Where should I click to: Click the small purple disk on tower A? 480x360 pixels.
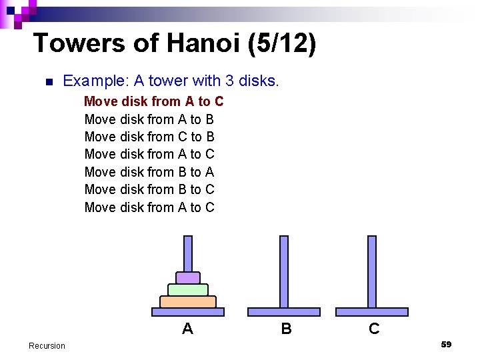[188, 277]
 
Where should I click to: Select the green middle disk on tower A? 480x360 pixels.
[188, 289]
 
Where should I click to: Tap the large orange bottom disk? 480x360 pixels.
[188, 301]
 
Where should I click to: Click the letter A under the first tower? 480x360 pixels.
[188, 328]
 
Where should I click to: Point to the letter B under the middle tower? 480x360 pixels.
[286, 328]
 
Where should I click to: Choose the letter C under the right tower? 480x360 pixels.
[374, 328]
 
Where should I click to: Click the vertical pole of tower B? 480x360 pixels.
[284, 270]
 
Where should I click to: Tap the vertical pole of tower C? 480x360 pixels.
[372, 270]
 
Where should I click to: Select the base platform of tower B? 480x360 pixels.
[284, 311]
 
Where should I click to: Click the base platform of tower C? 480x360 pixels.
[372, 311]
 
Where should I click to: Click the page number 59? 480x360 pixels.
[446, 344]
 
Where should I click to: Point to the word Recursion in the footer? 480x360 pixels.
[47, 345]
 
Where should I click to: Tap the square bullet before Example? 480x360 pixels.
[47, 82]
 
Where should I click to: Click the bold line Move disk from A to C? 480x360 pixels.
[153, 101]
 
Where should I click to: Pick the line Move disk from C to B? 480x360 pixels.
[149, 137]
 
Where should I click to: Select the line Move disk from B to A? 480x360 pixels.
[149, 172]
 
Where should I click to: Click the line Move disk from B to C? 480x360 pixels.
[149, 189]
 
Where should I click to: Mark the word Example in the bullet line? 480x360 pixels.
[92, 81]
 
